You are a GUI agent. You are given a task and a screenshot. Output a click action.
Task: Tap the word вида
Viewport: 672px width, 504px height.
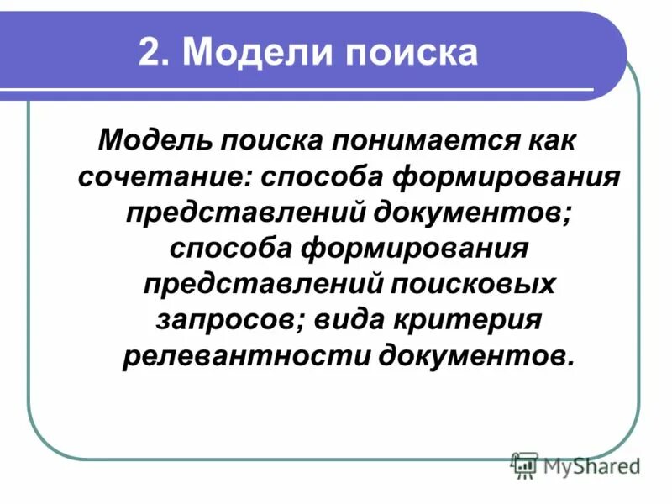(x=335, y=321)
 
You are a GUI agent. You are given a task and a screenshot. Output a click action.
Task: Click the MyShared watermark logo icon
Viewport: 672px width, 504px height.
(x=524, y=465)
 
